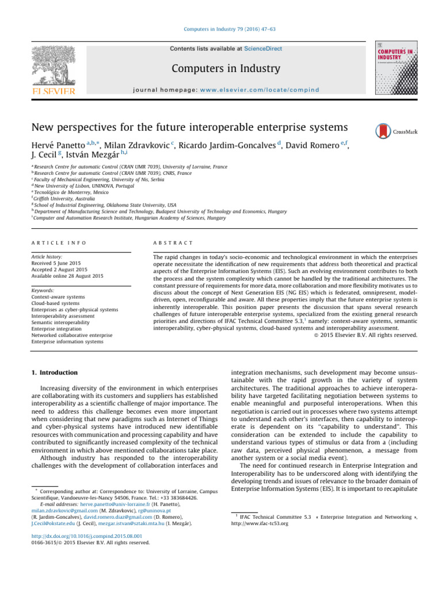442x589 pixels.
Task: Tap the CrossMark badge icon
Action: (383, 132)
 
